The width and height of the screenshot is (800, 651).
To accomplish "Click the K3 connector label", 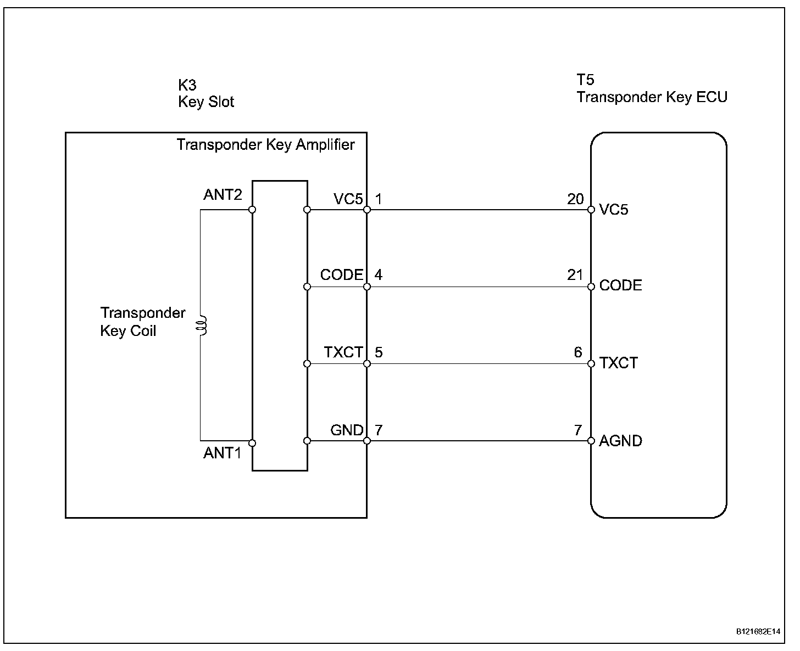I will [187, 85].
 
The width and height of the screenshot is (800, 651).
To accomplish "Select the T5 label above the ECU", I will [585, 80].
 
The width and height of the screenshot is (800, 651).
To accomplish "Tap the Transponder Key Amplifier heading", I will [265, 145].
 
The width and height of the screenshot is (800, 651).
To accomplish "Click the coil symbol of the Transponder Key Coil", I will [203, 325].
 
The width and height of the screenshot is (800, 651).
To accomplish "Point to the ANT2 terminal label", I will [223, 195].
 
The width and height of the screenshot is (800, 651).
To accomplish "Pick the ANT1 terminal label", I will [223, 453].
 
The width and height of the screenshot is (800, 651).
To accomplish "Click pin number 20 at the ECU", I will [575, 199].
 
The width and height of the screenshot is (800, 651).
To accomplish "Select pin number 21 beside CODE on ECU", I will [575, 274].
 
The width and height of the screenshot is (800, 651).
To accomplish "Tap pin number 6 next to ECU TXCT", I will [578, 352].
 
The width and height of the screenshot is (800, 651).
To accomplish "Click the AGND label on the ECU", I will [620, 441].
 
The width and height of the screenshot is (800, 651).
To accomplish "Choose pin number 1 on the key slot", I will [379, 199].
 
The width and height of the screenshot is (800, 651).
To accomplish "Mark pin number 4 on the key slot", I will [379, 274].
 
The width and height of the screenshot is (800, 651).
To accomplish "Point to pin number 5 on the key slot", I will [379, 352].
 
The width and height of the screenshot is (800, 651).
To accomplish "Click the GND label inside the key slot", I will [347, 430].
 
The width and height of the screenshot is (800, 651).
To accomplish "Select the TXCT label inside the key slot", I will [343, 352].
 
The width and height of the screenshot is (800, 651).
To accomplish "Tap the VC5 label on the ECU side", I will [614, 210].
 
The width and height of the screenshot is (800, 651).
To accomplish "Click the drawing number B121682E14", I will [758, 632].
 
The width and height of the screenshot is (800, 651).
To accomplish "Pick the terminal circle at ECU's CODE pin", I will [591, 287].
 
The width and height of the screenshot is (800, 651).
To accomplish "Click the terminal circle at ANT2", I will [252, 210].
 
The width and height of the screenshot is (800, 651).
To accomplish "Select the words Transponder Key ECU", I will [652, 97].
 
